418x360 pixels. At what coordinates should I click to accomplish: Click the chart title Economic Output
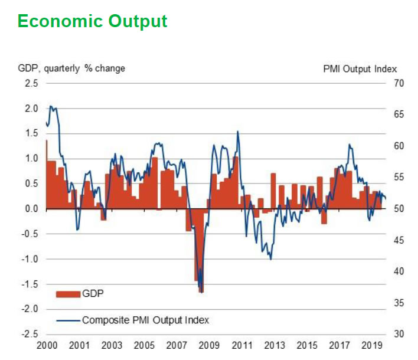pyautogui.click(x=92, y=21)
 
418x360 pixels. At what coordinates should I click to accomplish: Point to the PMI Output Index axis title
pyautogui.click(x=360, y=68)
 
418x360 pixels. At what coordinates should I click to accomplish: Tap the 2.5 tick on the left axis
pyautogui.click(x=31, y=83)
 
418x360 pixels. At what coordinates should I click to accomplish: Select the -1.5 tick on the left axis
pyautogui.click(x=30, y=284)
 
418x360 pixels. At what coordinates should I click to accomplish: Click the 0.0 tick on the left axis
pyautogui.click(x=31, y=209)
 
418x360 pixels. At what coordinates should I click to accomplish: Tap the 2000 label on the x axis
pyautogui.click(x=46, y=346)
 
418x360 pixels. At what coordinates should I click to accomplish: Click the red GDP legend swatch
pyautogui.click(x=68, y=293)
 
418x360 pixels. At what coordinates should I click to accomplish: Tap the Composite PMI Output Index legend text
pyautogui.click(x=145, y=320)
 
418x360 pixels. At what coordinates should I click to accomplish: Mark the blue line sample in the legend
pyautogui.click(x=68, y=320)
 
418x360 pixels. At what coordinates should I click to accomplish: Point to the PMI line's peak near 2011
pyautogui.click(x=237, y=132)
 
